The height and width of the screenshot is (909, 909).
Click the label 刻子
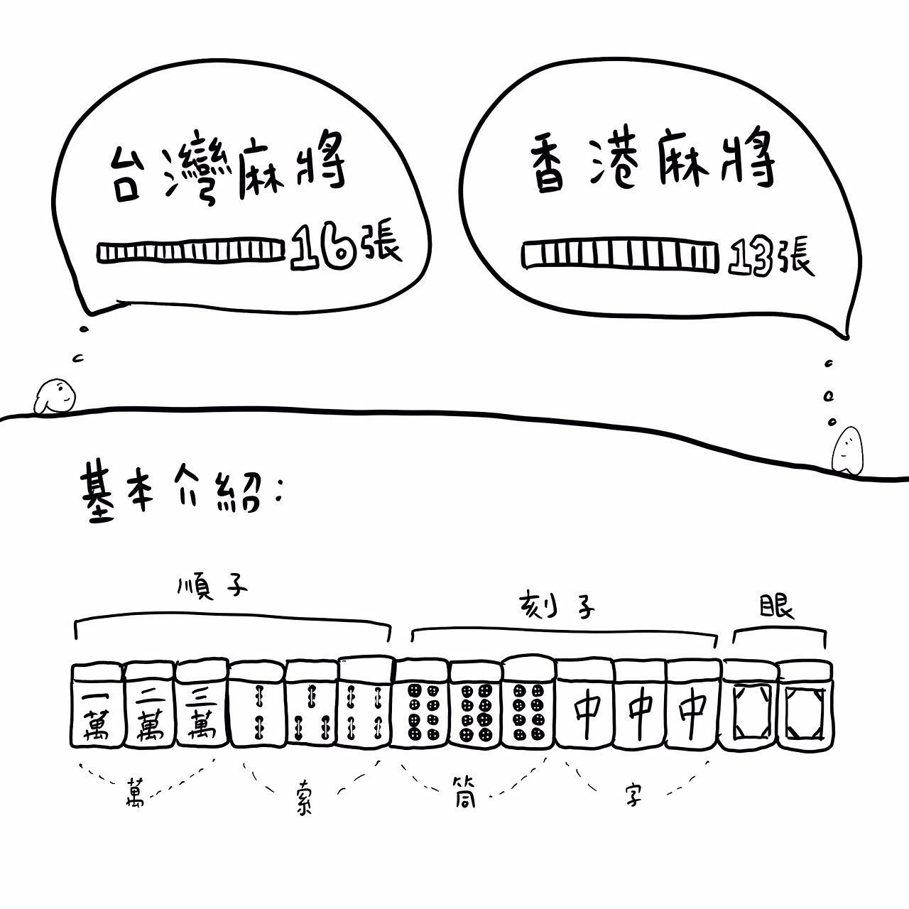(557, 606)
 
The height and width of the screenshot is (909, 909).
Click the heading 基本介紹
(183, 492)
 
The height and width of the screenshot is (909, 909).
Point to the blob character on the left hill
(55, 396)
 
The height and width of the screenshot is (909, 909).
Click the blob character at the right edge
(847, 450)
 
